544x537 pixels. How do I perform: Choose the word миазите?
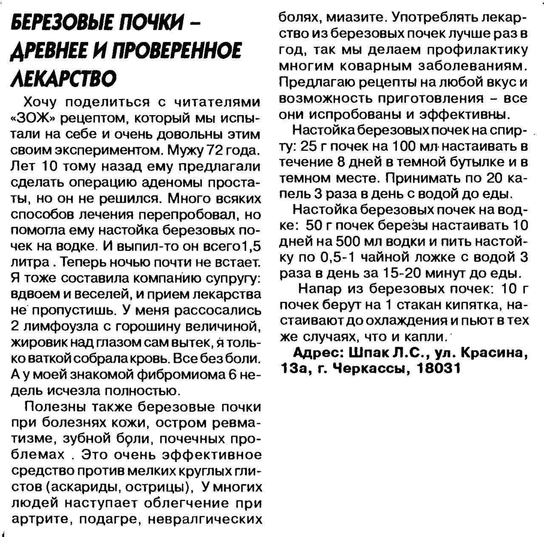tap(356, 17)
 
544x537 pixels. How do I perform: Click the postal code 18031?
tap(439, 368)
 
